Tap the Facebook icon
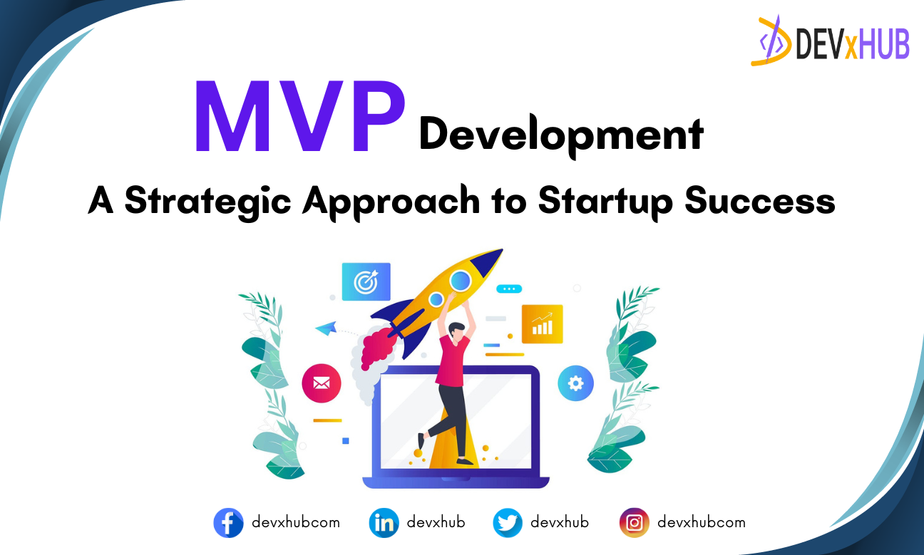[228, 523]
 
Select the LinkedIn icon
[384, 523]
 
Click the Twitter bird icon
[508, 523]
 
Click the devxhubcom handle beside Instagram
[701, 522]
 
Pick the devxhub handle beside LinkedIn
[436, 522]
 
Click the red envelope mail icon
[322, 384]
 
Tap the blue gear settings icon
[575, 384]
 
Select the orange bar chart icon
[542, 324]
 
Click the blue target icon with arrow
[366, 281]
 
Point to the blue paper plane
[326, 328]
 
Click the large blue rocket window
[460, 281]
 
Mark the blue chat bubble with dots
[509, 289]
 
